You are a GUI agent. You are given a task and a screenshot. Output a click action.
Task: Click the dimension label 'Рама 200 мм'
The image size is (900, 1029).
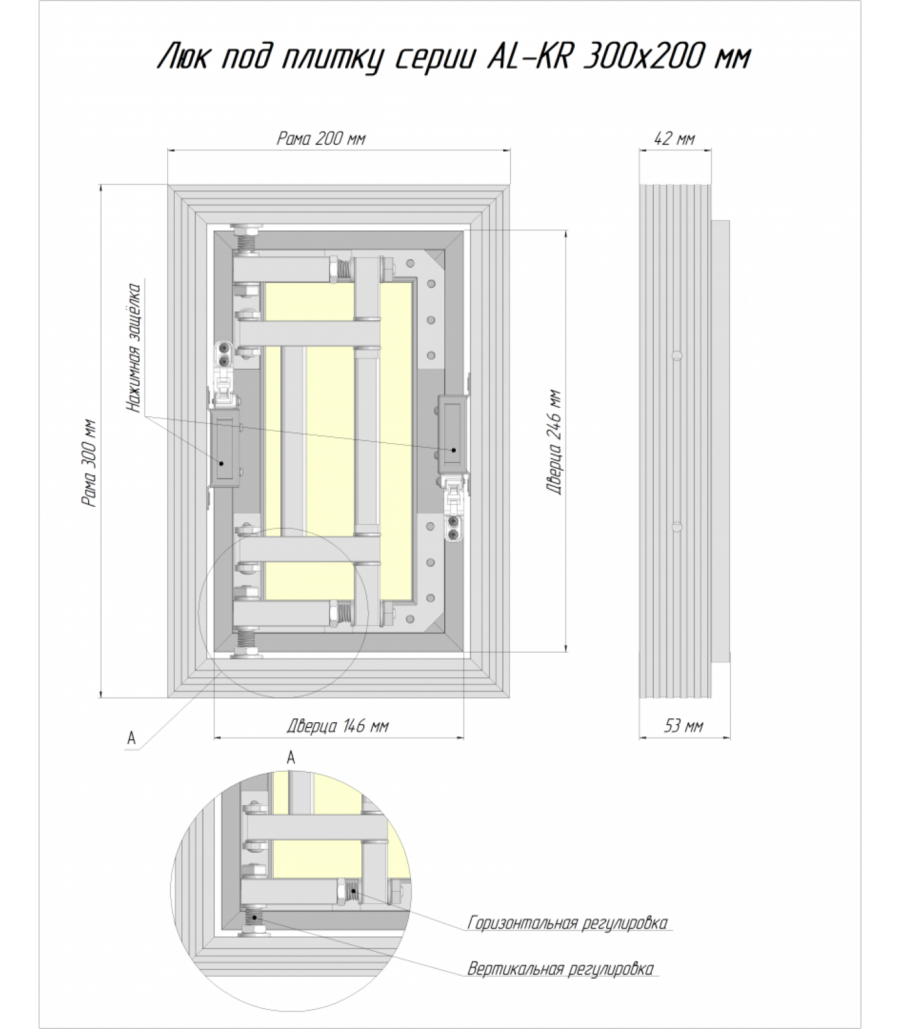point(321,138)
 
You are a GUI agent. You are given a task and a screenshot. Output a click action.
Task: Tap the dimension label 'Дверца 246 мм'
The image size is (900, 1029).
point(554,442)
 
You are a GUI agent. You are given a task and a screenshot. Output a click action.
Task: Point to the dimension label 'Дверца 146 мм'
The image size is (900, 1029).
point(337,726)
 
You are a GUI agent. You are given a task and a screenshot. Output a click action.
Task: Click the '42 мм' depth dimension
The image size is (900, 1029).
point(674,138)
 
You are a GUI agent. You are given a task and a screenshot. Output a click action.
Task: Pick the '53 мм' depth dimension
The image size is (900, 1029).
point(683,726)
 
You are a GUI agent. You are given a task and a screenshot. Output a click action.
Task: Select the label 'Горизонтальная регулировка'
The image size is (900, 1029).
point(568,923)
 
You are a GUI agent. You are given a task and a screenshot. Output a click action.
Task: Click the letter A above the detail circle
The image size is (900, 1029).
point(291,758)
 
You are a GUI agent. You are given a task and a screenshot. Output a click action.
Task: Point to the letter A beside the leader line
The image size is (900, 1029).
point(131,738)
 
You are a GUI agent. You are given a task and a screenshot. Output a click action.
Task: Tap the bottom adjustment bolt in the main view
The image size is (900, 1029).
point(246,644)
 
